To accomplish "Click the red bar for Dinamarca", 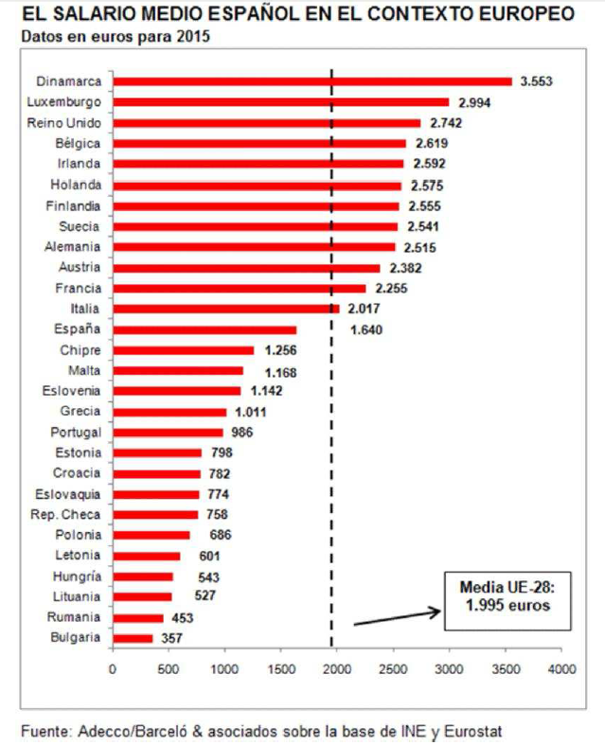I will point(312,81).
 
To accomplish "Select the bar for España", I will point(205,329).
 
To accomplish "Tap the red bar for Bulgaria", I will point(133,638).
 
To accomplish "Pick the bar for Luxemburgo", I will point(281,102).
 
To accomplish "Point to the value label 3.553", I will point(536,81).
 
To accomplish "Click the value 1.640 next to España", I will point(366,329).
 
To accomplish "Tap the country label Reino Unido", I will point(64,123).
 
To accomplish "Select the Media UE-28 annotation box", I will point(508,600).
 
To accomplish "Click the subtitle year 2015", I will point(195,37).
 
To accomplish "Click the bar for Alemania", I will point(254,247).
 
